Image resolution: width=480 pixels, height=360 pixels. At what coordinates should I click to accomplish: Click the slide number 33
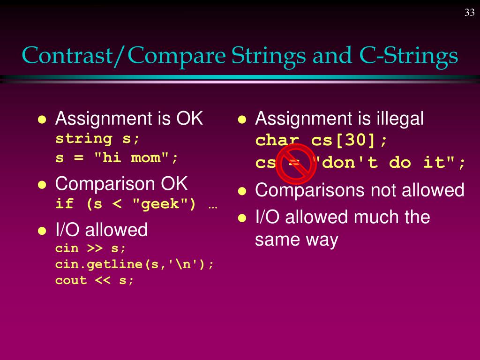[469, 13]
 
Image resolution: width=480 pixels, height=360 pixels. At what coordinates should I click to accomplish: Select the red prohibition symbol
[297, 163]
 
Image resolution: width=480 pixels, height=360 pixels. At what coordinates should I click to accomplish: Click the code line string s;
[97, 139]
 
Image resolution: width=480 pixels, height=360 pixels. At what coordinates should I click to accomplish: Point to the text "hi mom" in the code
[132, 157]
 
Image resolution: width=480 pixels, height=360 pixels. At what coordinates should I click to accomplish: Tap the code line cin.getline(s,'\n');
[135, 264]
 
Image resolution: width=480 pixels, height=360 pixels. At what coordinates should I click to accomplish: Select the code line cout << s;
[95, 280]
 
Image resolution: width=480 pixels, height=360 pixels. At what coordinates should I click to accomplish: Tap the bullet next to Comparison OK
[42, 185]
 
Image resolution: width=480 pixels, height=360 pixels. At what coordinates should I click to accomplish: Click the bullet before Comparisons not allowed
[242, 191]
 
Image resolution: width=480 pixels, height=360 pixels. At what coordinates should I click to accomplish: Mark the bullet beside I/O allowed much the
[242, 218]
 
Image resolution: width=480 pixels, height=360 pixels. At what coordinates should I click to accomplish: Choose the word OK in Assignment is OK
[189, 119]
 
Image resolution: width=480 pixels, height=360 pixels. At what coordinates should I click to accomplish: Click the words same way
[296, 240]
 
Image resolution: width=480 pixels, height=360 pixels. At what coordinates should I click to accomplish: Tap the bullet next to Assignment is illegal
[242, 120]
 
